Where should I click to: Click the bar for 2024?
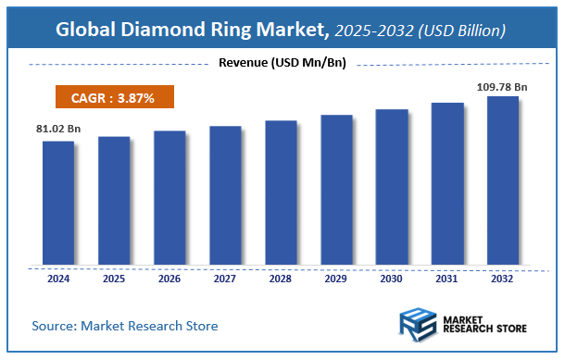pyautogui.click(x=58, y=202)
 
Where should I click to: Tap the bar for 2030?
pyautogui.click(x=391, y=186)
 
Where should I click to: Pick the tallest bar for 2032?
pyautogui.click(x=503, y=180)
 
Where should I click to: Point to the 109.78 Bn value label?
pyautogui.click(x=502, y=85)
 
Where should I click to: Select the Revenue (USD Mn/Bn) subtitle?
pyautogui.click(x=282, y=63)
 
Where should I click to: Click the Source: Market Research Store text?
pyautogui.click(x=124, y=325)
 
